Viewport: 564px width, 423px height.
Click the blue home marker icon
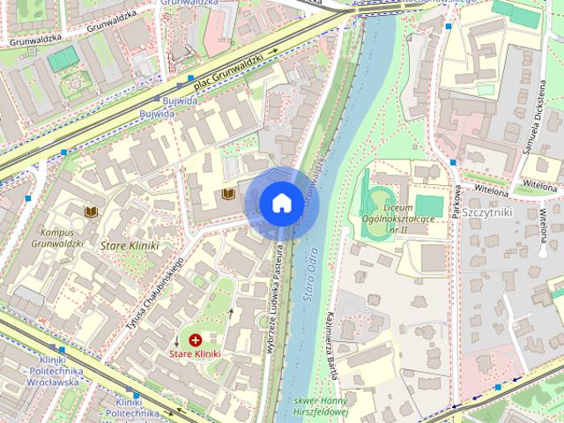click(280, 203)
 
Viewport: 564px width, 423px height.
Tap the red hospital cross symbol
click(195, 338)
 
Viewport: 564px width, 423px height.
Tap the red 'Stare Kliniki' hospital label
click(195, 353)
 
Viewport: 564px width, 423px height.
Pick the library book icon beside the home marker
click(228, 192)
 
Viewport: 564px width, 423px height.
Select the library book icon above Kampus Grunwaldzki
click(90, 211)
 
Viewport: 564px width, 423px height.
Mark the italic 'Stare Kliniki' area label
click(130, 246)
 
